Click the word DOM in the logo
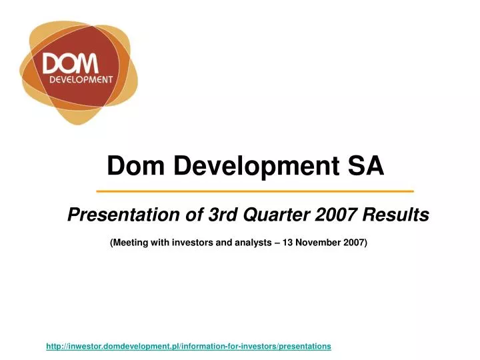click(x=71, y=64)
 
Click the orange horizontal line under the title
click(x=255, y=191)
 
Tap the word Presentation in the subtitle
click(x=114, y=215)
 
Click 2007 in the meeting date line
click(x=355, y=243)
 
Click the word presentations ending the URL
click(x=303, y=347)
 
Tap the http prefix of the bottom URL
click(x=54, y=347)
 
